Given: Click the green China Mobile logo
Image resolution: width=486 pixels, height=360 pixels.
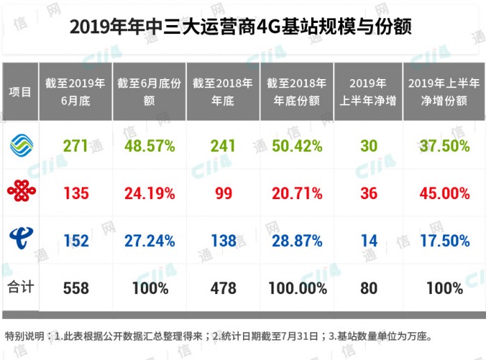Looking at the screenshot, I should [x=21, y=145].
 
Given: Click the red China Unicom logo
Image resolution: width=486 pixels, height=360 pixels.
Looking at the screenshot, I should [x=20, y=192].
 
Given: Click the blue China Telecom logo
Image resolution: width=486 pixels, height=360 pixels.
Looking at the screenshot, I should [x=20, y=239].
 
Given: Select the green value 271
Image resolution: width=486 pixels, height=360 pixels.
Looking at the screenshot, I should [x=76, y=146].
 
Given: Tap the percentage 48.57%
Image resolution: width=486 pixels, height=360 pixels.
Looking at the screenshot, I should [x=149, y=146].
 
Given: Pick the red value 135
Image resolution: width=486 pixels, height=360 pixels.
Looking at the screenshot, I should [x=76, y=193].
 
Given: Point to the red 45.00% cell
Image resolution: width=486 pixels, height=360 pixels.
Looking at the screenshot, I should [x=444, y=193].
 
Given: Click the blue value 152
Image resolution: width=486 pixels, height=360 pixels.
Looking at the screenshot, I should [x=76, y=240].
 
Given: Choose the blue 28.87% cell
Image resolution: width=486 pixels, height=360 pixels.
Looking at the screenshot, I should [x=297, y=240].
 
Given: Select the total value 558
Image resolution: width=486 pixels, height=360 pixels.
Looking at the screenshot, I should [x=76, y=287].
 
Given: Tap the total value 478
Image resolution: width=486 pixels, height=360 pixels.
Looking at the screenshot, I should [x=224, y=287].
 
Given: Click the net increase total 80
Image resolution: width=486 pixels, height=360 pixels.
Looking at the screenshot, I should [x=369, y=287].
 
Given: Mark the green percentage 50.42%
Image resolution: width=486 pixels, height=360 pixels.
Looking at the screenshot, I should [x=297, y=146].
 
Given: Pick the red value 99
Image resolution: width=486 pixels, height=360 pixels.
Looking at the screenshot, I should [x=224, y=193].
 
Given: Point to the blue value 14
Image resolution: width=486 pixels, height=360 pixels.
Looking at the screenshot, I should [x=369, y=240].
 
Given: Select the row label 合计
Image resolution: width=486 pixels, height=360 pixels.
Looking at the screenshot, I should [x=20, y=286].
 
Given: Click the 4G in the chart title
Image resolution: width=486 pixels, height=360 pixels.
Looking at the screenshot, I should [x=265, y=27].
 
